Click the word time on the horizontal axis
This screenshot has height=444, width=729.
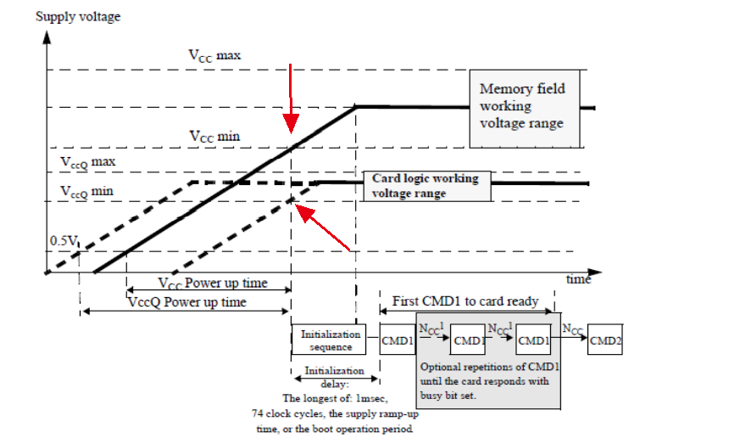click(x=578, y=278)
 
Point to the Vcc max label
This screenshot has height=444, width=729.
click(x=214, y=54)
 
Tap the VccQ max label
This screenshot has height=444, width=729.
click(x=87, y=161)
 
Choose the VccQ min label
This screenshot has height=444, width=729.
click(x=86, y=193)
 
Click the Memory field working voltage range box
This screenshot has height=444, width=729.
click(x=522, y=106)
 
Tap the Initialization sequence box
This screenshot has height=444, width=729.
click(x=327, y=340)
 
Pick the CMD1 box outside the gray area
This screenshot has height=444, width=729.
click(x=398, y=340)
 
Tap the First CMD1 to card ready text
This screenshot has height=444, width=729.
click(x=465, y=301)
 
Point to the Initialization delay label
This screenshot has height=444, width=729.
click(x=334, y=376)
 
